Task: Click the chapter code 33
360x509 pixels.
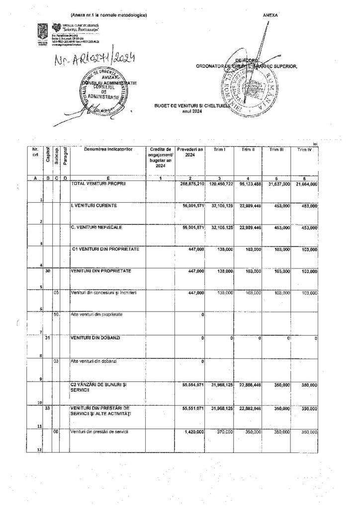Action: pos(48,407)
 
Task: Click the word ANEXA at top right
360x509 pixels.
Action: pos(271,15)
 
